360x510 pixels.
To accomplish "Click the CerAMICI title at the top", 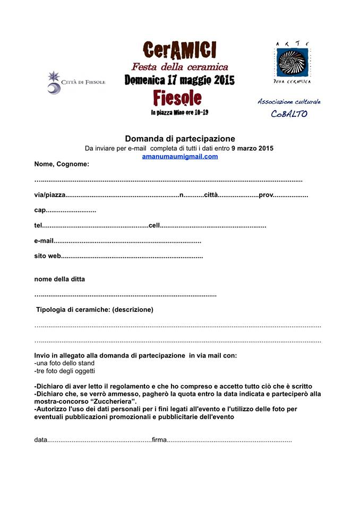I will pos(179,50).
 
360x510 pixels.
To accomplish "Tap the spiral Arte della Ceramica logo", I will pos(292,63).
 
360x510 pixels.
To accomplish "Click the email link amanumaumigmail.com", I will pos(179,157).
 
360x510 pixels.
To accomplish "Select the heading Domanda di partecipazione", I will pos(179,139).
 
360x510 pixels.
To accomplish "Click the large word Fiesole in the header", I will pos(177,98).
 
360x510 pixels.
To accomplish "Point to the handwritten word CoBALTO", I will pos(289,114).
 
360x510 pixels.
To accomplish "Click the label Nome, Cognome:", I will pos(62,164).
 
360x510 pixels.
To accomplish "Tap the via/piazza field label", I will pos(48,195).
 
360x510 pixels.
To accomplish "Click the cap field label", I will pos(40,210).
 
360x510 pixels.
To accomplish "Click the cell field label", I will pos(154,225).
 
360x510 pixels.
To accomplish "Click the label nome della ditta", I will pos(59,279).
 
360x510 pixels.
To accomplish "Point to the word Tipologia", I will pos(52,310).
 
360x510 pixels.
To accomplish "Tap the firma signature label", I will pos(159,440).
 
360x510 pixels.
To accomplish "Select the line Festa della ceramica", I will pos(179,67).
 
